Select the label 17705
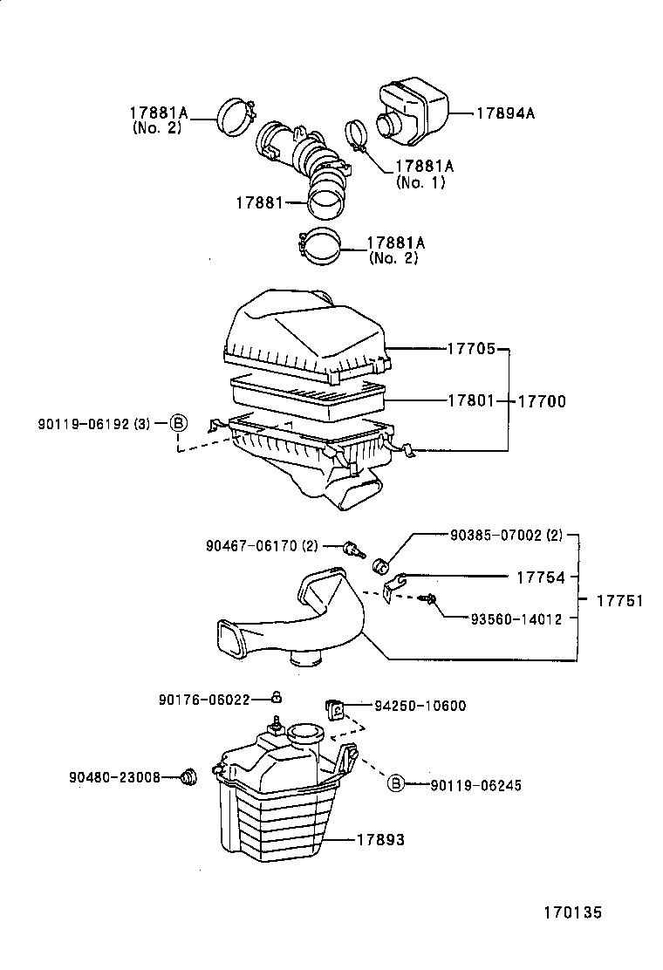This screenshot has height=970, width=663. [472, 350]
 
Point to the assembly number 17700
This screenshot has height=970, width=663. [542, 402]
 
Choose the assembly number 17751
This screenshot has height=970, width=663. [619, 601]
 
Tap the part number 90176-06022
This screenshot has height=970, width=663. [204, 700]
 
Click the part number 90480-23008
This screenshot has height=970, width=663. [114, 775]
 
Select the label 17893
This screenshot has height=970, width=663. [380, 840]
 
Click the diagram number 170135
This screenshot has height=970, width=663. [572, 913]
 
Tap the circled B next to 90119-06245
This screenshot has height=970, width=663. [395, 784]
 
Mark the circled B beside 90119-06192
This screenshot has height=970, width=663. [177, 424]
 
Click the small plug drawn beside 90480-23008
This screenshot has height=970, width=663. [187, 775]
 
